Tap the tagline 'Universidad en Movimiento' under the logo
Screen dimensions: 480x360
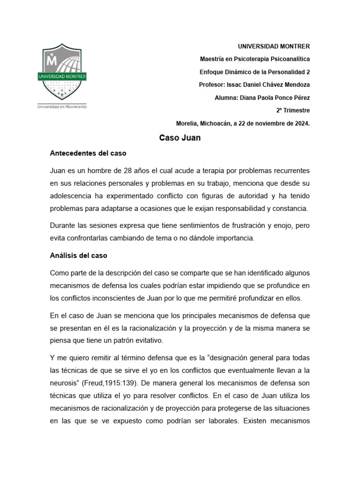(x=62, y=107)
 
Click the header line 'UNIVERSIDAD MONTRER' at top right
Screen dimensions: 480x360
(x=274, y=46)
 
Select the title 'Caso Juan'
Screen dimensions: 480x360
(x=180, y=138)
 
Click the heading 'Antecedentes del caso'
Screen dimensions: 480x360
(x=88, y=153)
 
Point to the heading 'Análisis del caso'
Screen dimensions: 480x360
(x=79, y=255)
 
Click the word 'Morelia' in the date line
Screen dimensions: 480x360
(x=187, y=123)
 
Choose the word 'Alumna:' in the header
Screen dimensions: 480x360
(x=226, y=97)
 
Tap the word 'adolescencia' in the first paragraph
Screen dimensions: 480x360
(x=71, y=195)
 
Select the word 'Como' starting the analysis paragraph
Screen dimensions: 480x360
(x=59, y=273)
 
